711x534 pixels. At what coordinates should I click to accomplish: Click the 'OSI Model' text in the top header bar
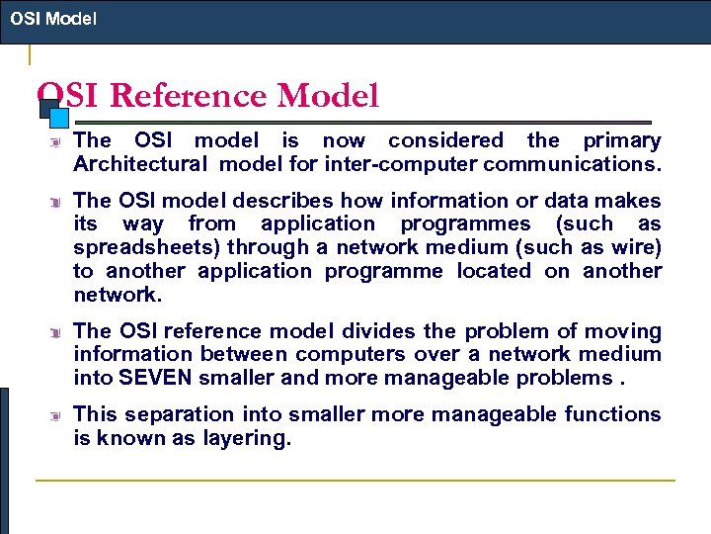tap(53, 18)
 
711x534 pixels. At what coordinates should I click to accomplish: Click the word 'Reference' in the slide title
tap(188, 96)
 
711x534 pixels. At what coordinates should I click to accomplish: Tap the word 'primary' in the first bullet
tap(621, 141)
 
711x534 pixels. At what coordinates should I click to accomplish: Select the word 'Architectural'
tap(141, 163)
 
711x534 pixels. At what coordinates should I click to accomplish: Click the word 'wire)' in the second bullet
tap(634, 247)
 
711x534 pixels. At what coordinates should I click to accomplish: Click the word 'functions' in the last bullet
tap(612, 414)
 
